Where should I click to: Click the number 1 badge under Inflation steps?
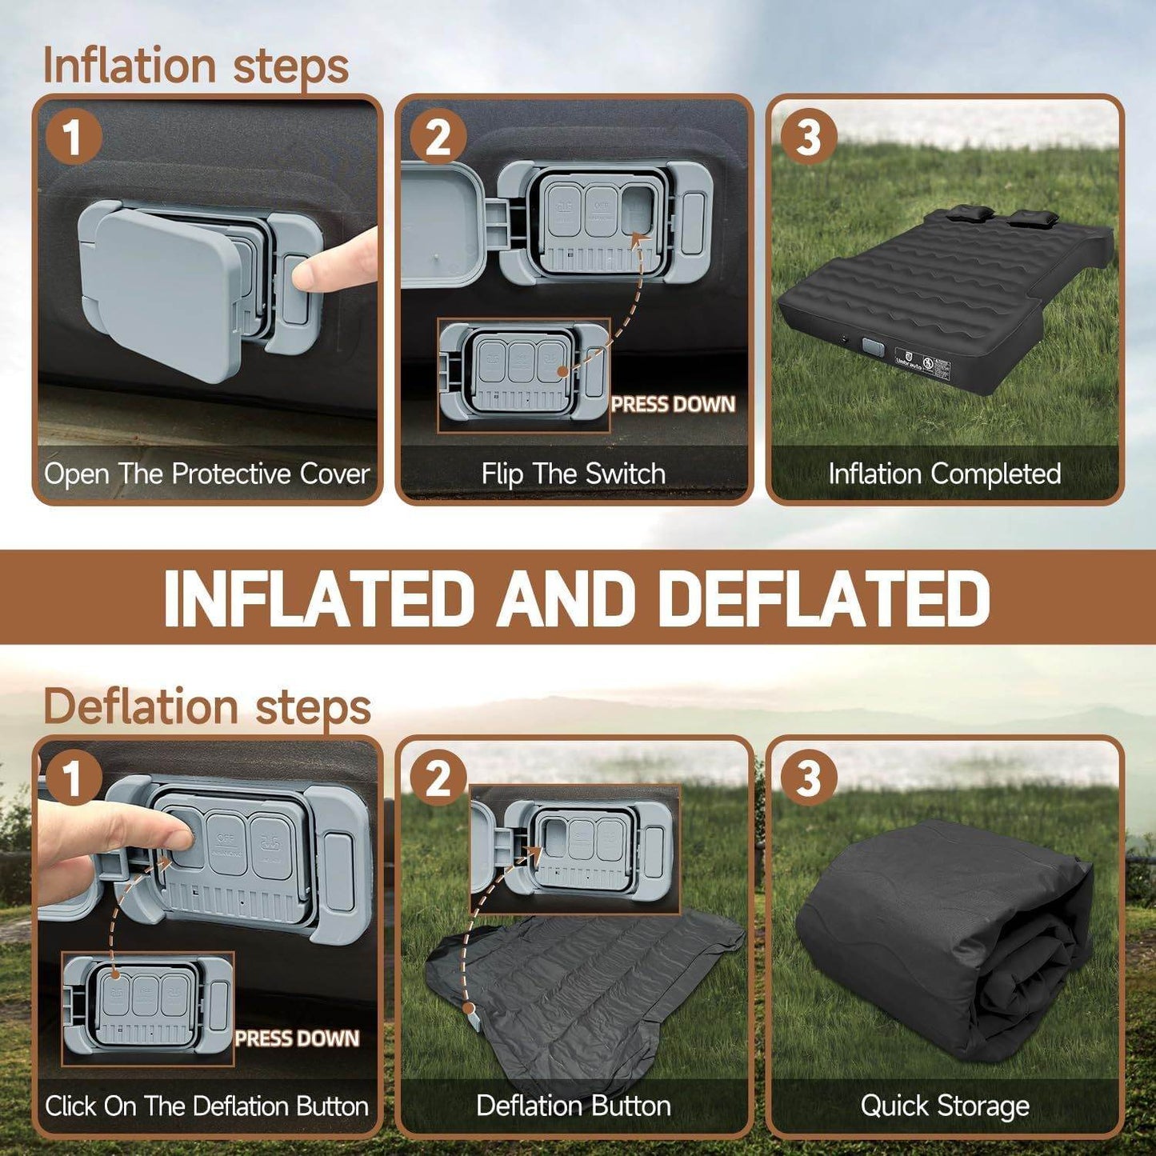(73, 137)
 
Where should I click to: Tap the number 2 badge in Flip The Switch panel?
(438, 137)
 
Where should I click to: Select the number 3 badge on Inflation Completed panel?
(808, 137)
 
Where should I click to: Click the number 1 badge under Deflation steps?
(73, 778)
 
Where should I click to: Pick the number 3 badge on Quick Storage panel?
(808, 778)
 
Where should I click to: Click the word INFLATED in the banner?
(315, 598)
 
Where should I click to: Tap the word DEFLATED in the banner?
(824, 598)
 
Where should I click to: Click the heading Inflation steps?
(195, 66)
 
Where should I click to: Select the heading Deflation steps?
(206, 707)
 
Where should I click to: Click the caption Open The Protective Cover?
(206, 474)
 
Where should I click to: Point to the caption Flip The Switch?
(573, 474)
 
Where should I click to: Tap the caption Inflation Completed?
(944, 474)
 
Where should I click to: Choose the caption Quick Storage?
(944, 1106)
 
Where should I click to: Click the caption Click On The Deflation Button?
(206, 1106)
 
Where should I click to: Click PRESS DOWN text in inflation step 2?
(673, 405)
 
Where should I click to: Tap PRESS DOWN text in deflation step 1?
(297, 1038)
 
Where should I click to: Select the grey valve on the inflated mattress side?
(872, 348)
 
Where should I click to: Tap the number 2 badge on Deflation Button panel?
(438, 778)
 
